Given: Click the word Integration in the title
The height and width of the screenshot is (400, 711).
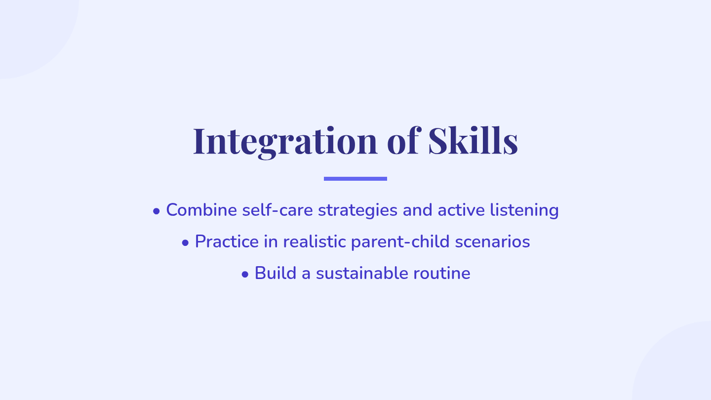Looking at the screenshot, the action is pyautogui.click(x=285, y=142).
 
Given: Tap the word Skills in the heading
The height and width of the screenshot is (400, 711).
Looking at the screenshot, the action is pyautogui.click(x=473, y=140).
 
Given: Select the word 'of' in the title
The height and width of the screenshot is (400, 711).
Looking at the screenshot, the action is pyautogui.click(x=404, y=140).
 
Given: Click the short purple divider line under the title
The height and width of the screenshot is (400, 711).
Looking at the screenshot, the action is pyautogui.click(x=355, y=179).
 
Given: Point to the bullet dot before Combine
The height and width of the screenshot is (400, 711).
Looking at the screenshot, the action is pyautogui.click(x=156, y=211).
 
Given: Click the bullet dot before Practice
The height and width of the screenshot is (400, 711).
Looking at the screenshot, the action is pyautogui.click(x=185, y=243).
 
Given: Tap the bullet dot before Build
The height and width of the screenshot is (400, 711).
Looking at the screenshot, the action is pyautogui.click(x=245, y=274).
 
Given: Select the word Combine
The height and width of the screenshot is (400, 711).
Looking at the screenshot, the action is pyautogui.click(x=201, y=210).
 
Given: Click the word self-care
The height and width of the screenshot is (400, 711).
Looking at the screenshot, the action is pyautogui.click(x=277, y=210).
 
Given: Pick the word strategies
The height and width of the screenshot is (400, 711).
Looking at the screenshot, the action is pyautogui.click(x=358, y=211).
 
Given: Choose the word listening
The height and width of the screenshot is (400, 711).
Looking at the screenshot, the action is pyautogui.click(x=524, y=211).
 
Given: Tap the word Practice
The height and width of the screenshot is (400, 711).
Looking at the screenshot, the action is pyautogui.click(x=226, y=242).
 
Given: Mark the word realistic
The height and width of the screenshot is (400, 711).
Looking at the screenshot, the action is pyautogui.click(x=314, y=242).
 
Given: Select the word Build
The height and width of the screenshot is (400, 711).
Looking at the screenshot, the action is pyautogui.click(x=276, y=273).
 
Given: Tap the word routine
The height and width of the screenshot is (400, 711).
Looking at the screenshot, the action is pyautogui.click(x=442, y=274).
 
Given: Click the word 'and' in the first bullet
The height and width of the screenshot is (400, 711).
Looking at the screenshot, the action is pyautogui.click(x=418, y=210).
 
